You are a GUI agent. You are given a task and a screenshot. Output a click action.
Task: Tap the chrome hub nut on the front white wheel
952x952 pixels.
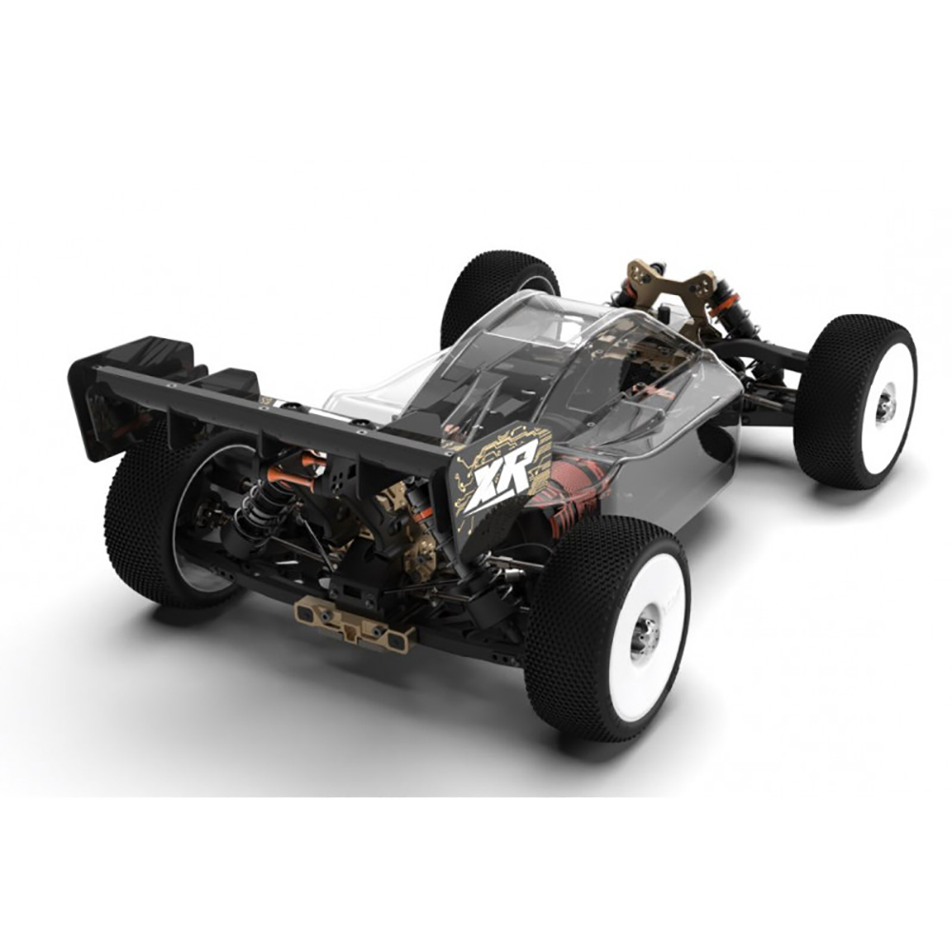[884, 405]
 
